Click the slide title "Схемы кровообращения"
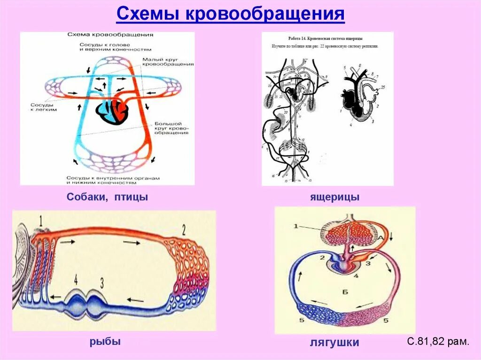(230, 15)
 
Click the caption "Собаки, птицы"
(107, 197)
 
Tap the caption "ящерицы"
(334, 197)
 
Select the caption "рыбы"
(105, 341)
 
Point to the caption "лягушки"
(334, 343)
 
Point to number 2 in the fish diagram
(184, 230)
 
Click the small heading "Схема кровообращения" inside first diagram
(110, 35)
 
